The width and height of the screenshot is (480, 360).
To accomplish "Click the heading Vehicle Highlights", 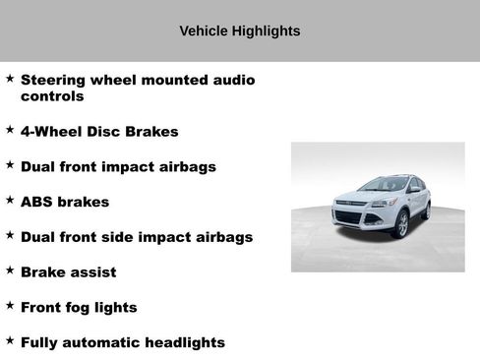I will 240,31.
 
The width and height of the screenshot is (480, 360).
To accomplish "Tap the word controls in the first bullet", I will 52,96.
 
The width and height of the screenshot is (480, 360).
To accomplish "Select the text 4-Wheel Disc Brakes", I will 99,131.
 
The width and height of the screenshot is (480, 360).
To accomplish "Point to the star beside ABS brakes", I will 10,201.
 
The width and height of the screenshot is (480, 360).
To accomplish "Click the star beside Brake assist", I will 10,270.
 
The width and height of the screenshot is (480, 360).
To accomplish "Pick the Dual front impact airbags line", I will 118,166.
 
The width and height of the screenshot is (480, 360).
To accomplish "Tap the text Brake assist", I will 68,272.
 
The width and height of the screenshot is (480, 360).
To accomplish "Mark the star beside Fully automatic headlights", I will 10,341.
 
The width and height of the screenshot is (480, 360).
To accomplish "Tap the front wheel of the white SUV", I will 401,224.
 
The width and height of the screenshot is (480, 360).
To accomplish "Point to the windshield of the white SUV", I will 385,184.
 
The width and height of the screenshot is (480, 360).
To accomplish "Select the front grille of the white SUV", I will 348,216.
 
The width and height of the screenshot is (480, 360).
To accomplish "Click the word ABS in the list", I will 37,202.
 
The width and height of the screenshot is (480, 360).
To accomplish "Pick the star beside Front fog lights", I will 10,306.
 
